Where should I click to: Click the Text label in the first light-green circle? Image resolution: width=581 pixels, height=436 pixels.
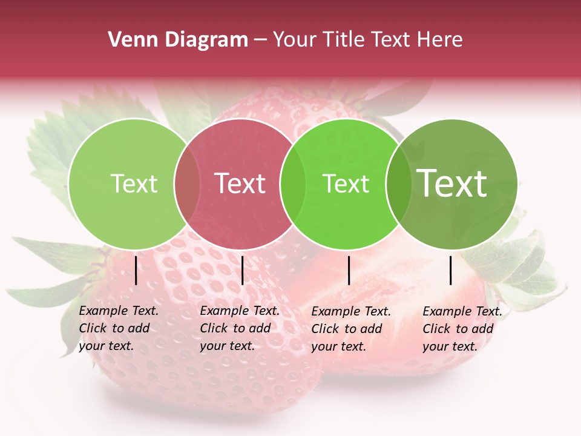[134, 183]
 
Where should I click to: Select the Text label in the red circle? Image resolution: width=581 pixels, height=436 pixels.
[240, 183]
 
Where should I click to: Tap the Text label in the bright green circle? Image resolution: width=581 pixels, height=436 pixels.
[346, 183]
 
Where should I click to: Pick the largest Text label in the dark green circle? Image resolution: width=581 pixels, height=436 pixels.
[452, 183]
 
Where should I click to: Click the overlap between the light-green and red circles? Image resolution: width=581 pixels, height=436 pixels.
[187, 183]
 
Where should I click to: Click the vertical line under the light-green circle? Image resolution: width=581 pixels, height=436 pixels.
[136, 270]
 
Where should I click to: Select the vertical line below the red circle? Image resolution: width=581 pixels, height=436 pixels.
[243, 270]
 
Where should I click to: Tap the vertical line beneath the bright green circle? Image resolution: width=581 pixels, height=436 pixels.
[349, 270]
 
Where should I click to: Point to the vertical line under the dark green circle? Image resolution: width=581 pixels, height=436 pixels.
[451, 270]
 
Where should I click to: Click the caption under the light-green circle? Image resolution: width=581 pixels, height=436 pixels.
[119, 328]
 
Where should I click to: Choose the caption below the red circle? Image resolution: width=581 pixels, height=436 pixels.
[240, 328]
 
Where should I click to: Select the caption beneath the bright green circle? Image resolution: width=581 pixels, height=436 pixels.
[351, 329]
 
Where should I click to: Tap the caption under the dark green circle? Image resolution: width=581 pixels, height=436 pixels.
[462, 329]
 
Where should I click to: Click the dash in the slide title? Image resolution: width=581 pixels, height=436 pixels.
[260, 40]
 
